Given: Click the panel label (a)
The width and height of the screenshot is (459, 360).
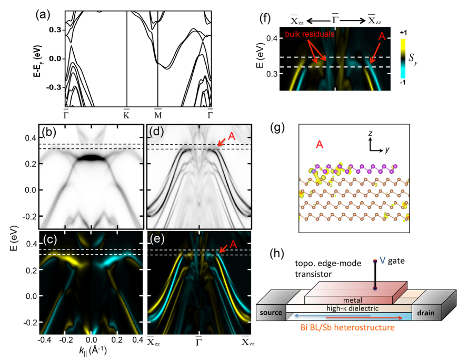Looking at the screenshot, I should pyautogui.click(x=44, y=13).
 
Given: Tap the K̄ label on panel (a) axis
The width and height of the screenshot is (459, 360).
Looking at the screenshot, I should pyautogui.click(x=127, y=113).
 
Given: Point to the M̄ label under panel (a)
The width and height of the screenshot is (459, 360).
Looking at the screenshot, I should pyautogui.click(x=158, y=113).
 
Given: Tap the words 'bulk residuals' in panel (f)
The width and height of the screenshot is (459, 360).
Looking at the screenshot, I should pyautogui.click(x=309, y=35).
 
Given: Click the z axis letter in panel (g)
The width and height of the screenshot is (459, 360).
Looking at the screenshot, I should pyautogui.click(x=371, y=134).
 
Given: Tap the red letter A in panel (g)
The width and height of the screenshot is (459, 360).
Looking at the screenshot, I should pyautogui.click(x=320, y=144).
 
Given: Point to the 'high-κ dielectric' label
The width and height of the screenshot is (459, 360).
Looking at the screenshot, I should pyautogui.click(x=348, y=308).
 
